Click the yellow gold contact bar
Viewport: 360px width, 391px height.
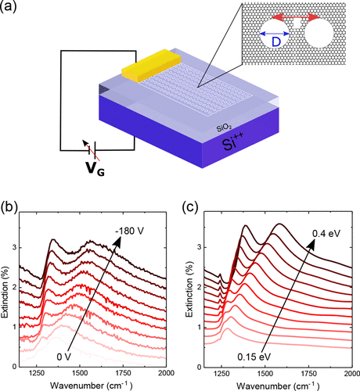click(151, 65)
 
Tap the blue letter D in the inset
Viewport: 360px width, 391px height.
click(276, 41)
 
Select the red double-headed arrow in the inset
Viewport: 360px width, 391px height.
click(296, 17)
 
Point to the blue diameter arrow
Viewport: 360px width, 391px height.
click(275, 34)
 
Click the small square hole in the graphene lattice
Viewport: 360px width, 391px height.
click(297, 23)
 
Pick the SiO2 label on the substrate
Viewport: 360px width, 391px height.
click(224, 128)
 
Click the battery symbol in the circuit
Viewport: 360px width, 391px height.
click(92, 149)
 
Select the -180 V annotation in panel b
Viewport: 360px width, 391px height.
click(130, 231)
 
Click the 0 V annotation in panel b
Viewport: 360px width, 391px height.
click(64, 357)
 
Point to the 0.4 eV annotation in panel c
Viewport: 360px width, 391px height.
click(326, 234)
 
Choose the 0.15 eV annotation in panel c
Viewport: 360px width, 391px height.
click(254, 357)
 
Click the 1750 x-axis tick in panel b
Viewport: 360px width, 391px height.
click(123, 373)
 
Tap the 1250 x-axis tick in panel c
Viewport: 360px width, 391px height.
click(221, 374)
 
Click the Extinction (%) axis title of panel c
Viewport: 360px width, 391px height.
click(189, 290)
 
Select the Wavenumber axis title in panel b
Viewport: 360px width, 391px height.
click(92, 385)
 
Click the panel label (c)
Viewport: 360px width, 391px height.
click(192, 207)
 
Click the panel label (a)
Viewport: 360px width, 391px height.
click(9, 6)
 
